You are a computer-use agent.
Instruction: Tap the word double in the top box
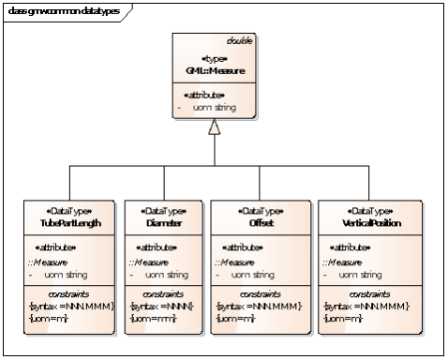point(240,40)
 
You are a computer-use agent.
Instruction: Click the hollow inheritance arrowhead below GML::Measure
point(214,127)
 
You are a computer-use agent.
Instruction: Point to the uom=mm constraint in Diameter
point(148,319)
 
